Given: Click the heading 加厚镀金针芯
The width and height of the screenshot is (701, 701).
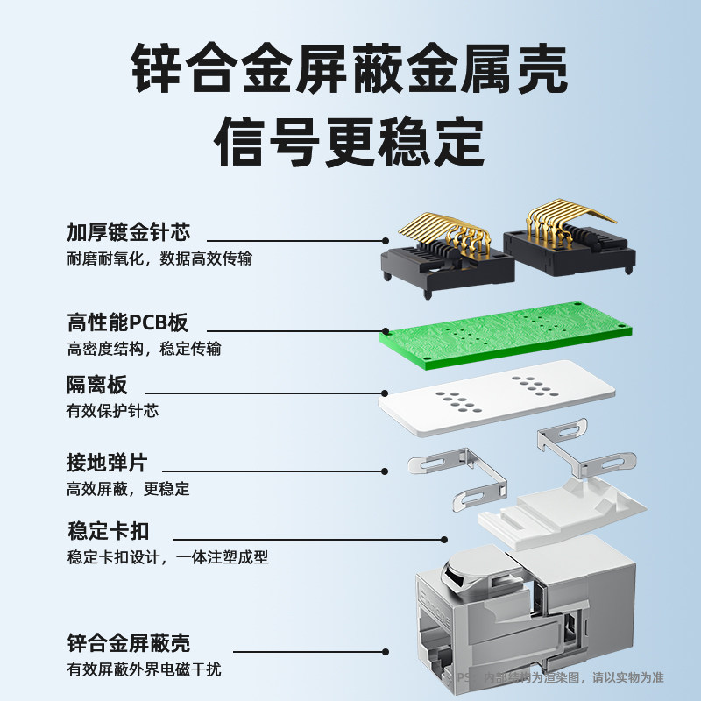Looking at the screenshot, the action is tap(129, 232).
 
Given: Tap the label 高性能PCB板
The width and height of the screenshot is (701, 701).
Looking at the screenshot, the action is tap(127, 322).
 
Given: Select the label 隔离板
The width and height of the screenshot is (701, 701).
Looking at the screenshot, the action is tap(97, 385).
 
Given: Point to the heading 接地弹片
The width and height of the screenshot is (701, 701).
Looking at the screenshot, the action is tap(107, 463).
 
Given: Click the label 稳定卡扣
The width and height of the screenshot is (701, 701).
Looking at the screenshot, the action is tap(108, 531).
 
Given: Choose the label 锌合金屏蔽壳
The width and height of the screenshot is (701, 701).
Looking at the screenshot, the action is tap(129, 643).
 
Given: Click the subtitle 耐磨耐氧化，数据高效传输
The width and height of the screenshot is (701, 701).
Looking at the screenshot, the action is tap(159, 258).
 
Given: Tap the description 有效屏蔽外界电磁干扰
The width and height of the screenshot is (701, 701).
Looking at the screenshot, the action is tap(144, 669).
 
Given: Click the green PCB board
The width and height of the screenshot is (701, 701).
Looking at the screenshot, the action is tap(506, 336).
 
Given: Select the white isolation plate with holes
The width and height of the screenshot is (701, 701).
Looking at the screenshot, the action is tap(496, 398).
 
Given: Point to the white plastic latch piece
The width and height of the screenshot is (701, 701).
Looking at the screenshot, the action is tap(562, 512).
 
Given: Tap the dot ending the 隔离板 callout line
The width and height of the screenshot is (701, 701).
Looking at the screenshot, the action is tap(385, 393).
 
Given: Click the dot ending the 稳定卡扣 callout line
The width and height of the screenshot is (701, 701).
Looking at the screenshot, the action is tap(444, 540).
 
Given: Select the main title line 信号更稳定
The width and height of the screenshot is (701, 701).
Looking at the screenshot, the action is tap(350, 141).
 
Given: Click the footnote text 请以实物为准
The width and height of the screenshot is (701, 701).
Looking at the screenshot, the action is tap(628, 677).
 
